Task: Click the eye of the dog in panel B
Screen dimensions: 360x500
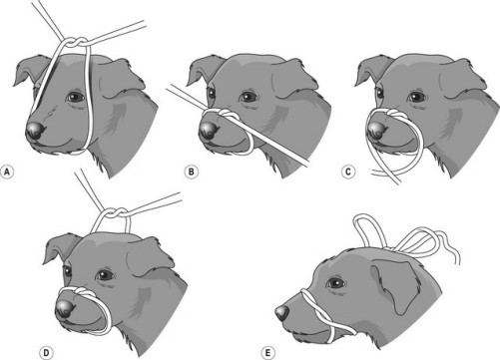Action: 247,97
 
